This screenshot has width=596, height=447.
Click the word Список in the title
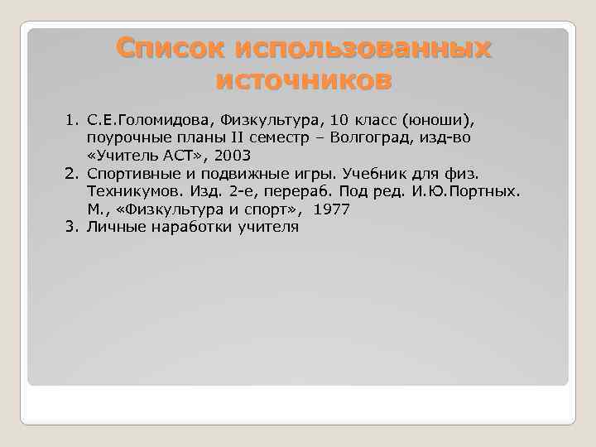(171, 48)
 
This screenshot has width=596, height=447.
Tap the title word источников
(303, 82)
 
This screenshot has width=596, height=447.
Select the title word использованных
(363, 48)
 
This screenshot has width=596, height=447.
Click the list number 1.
(71, 120)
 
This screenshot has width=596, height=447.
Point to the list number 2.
(71, 175)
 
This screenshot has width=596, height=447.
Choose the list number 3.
(71, 228)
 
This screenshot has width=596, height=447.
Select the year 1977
(331, 210)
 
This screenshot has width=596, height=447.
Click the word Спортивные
(131, 175)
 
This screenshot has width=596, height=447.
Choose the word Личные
(112, 228)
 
